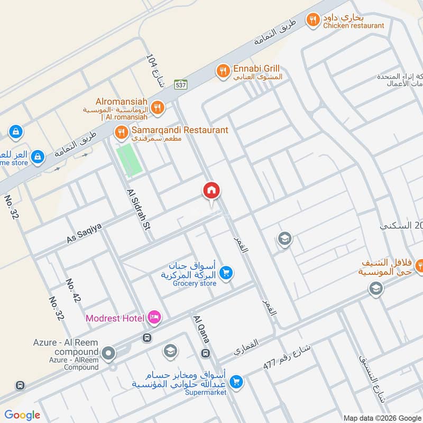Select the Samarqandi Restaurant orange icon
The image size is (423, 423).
tap(122, 131)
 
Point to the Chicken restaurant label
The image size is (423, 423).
tap(354, 25)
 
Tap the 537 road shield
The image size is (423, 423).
tap(181, 84)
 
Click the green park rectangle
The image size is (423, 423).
tap(130, 160)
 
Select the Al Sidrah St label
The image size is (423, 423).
tap(139, 209)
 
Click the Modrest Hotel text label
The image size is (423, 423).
tap(115, 318)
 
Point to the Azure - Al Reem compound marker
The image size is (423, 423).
tap(109, 353)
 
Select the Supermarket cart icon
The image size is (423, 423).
tap(237, 381)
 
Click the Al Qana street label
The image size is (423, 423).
tap(201, 329)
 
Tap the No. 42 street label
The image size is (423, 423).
tap(73, 291)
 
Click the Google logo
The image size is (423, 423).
tap(22, 415)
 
